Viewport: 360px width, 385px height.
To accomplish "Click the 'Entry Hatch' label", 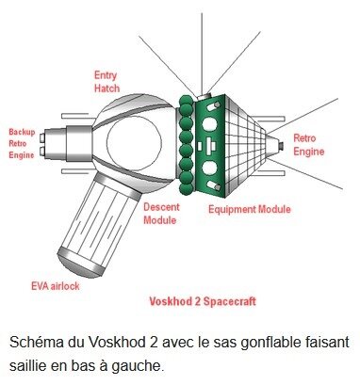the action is pyautogui.click(x=106, y=82).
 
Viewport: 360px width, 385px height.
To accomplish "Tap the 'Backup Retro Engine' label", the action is pyautogui.click(x=22, y=143).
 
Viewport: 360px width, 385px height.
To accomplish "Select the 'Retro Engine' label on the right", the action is pyautogui.click(x=308, y=145).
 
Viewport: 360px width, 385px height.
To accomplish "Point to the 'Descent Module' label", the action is pyautogui.click(x=161, y=214).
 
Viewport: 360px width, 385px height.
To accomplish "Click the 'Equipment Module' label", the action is pyautogui.click(x=250, y=209).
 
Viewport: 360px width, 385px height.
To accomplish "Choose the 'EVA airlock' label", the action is pyautogui.click(x=56, y=286).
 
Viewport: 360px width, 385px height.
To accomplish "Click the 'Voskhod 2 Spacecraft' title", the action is pyautogui.click(x=203, y=301).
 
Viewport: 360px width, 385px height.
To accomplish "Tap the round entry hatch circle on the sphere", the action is pyautogui.click(x=134, y=142).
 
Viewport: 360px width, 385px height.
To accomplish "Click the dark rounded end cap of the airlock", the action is pyautogui.click(x=78, y=262).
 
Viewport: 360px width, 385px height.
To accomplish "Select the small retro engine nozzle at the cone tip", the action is pyautogui.click(x=281, y=146).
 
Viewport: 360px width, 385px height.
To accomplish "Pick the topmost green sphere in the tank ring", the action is pyautogui.click(x=186, y=100).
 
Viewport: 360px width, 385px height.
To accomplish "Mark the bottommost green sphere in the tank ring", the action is pyautogui.click(x=186, y=189).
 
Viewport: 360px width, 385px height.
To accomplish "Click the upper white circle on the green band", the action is pyautogui.click(x=209, y=123).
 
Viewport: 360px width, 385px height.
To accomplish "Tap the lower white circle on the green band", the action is pyautogui.click(x=209, y=168).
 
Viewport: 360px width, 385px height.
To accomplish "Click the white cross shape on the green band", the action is pyautogui.click(x=210, y=146).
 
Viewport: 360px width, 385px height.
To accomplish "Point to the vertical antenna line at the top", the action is pyautogui.click(x=202, y=54).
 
